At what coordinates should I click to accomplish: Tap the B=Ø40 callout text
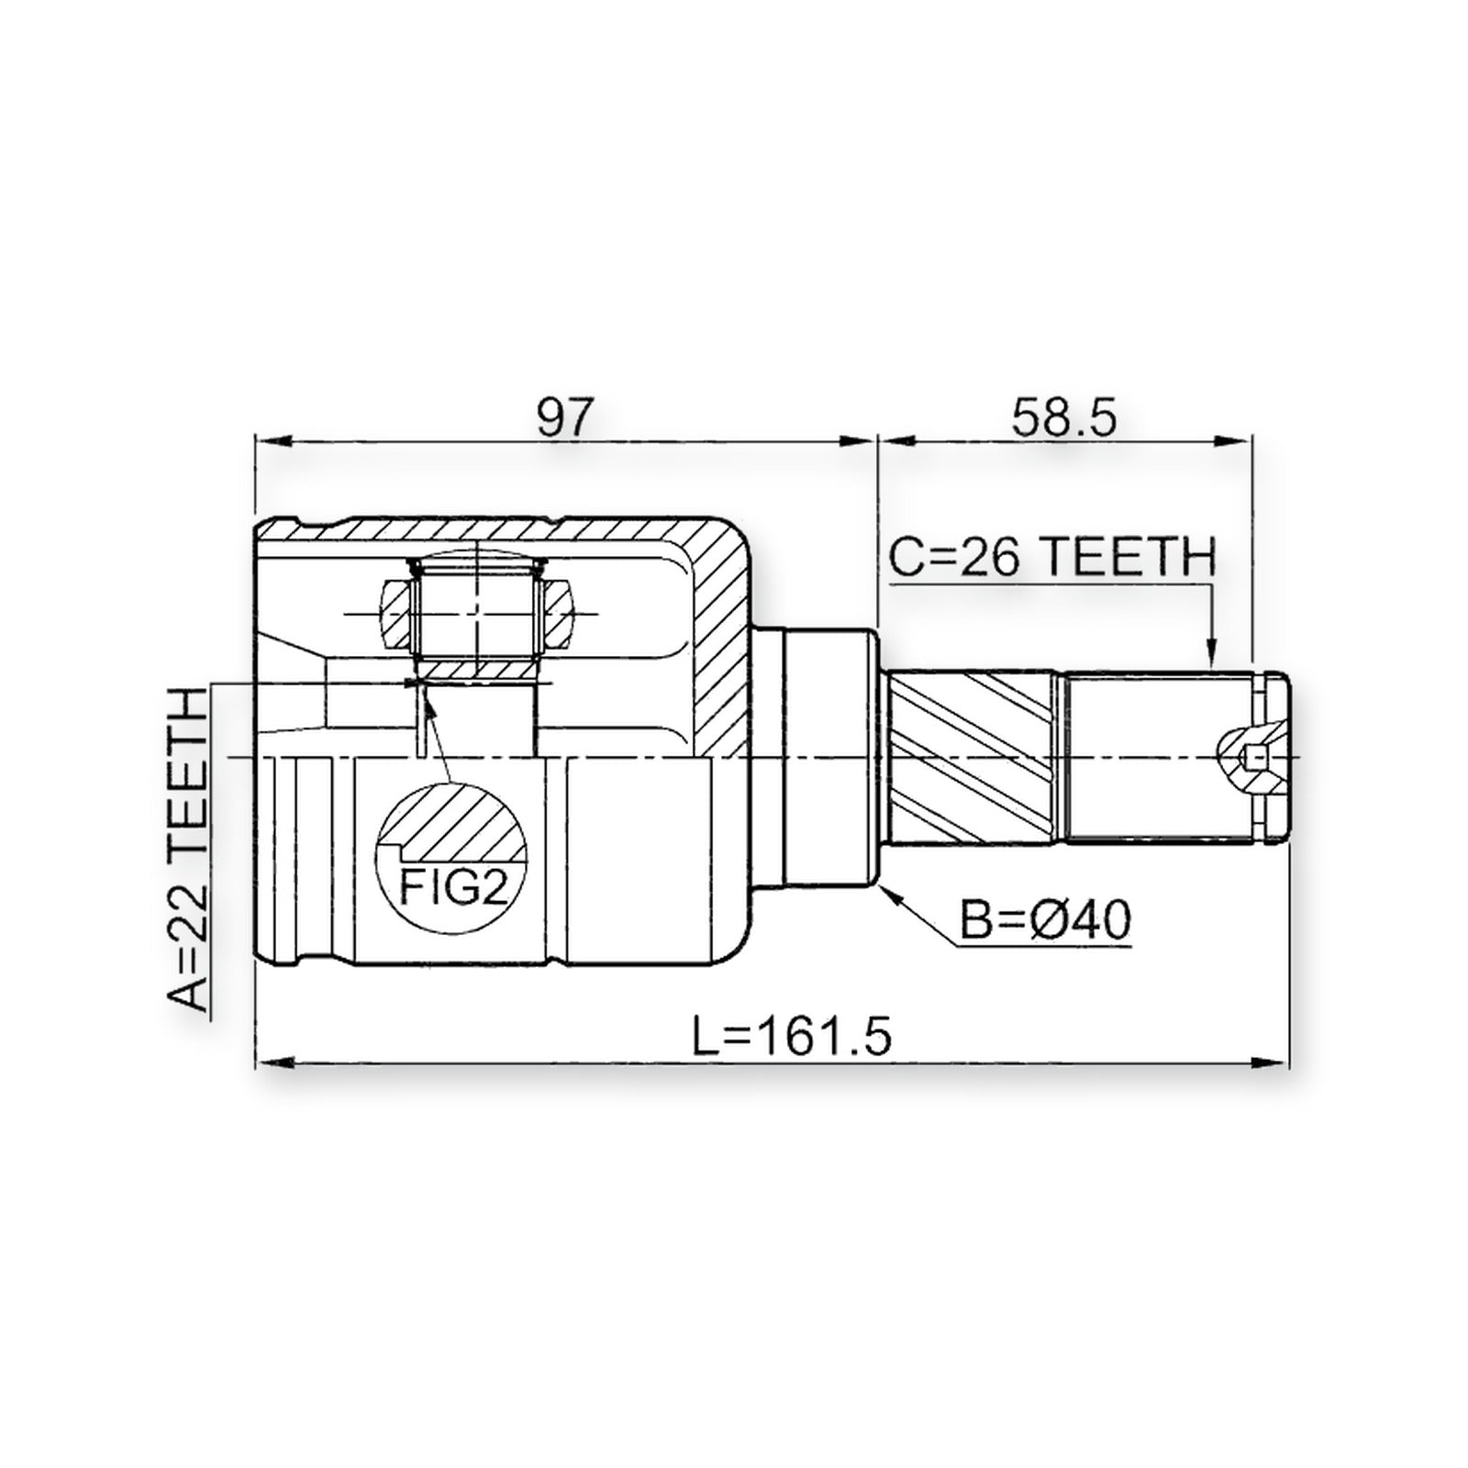(1045, 919)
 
